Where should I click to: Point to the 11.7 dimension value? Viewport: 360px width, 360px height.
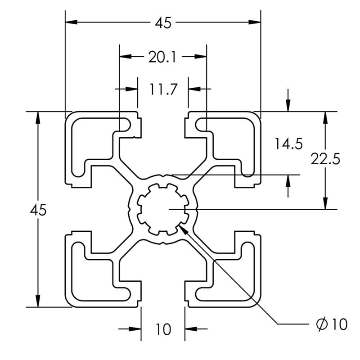tap(163, 90)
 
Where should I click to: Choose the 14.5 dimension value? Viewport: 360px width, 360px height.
tap(289, 144)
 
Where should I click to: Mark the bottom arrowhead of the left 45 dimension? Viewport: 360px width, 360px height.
tap(38, 301)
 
